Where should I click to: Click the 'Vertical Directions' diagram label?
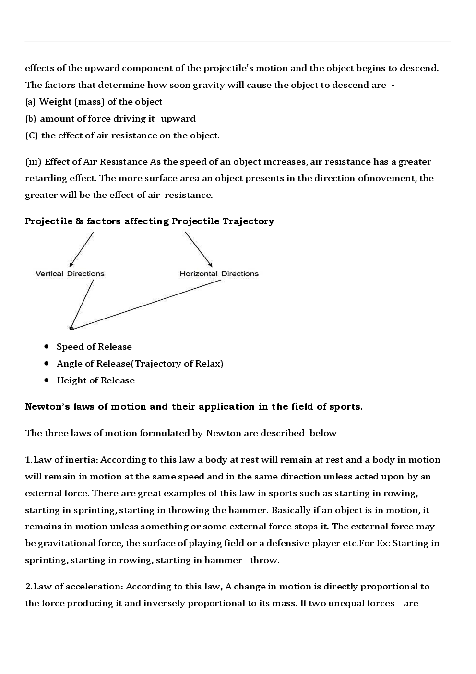(x=70, y=274)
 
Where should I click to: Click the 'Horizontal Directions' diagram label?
(x=219, y=274)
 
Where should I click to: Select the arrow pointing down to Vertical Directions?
(x=82, y=249)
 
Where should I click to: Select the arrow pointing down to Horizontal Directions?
(x=198, y=249)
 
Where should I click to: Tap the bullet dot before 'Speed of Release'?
(x=47, y=346)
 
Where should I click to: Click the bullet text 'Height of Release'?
(x=95, y=380)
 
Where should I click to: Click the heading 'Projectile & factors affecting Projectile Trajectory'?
(x=149, y=221)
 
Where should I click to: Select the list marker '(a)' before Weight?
(x=30, y=102)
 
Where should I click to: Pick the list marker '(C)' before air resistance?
(x=31, y=135)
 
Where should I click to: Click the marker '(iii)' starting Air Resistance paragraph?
(x=33, y=162)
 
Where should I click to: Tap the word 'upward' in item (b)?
(x=178, y=119)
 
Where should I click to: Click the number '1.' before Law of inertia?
(x=28, y=460)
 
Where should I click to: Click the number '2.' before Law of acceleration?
(x=28, y=587)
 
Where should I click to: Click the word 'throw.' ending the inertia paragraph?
(x=264, y=560)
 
